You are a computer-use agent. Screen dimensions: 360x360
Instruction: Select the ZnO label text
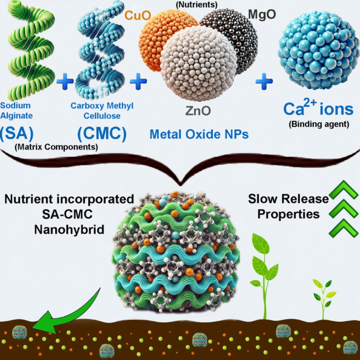[198, 111]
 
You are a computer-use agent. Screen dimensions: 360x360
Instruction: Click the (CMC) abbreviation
[102, 133]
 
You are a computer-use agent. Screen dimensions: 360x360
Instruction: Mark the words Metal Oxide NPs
[199, 134]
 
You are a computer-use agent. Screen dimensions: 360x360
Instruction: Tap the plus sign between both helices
[65, 81]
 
